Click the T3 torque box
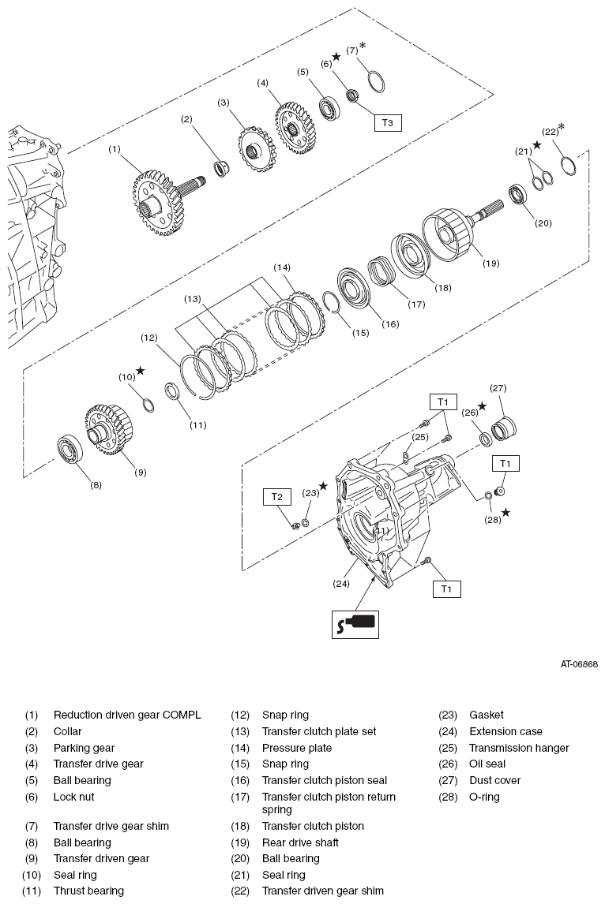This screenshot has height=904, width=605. (x=387, y=123)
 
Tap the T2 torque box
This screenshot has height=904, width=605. (x=277, y=497)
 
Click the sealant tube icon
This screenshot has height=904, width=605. (x=355, y=623)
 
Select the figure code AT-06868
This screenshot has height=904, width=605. (x=579, y=664)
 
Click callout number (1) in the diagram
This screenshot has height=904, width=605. (x=115, y=149)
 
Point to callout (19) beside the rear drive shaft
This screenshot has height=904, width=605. (x=490, y=263)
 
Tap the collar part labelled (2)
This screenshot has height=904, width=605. (x=221, y=170)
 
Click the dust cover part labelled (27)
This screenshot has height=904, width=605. (x=504, y=428)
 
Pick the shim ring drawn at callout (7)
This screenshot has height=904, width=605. (x=376, y=80)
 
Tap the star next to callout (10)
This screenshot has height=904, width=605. (x=141, y=371)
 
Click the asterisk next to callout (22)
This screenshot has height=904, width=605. (x=562, y=126)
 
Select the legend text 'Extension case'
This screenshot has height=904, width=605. (x=505, y=731)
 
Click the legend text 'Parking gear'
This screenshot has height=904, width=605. (x=85, y=748)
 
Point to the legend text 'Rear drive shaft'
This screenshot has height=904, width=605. (x=300, y=842)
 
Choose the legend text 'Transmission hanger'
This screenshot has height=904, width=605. (x=519, y=748)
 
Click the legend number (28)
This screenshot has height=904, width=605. (x=448, y=798)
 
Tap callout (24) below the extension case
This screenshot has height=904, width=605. (x=341, y=584)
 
